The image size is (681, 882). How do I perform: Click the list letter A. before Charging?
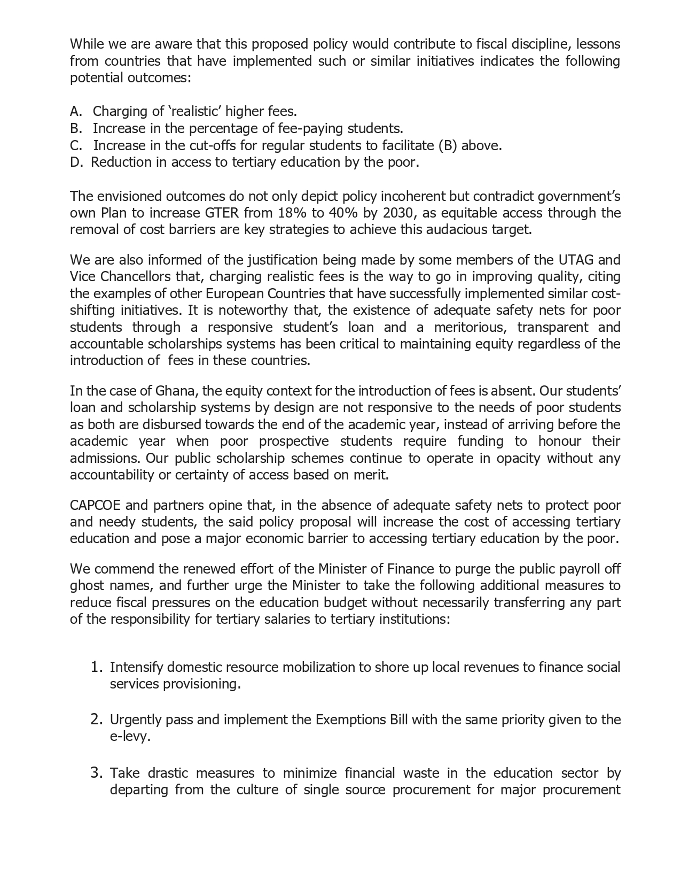click(76, 112)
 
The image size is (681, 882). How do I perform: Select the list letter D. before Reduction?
click(76, 163)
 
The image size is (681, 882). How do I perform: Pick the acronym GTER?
click(222, 213)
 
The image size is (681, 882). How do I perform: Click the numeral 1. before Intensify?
click(96, 667)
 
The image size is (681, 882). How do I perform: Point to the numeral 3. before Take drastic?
click(96, 773)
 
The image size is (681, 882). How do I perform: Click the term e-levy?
click(129, 737)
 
